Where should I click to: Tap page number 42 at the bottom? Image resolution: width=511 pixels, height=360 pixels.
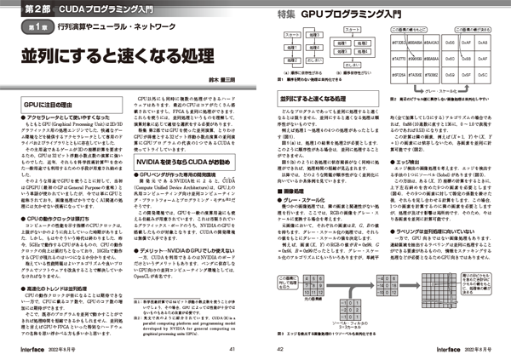[273, 347]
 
